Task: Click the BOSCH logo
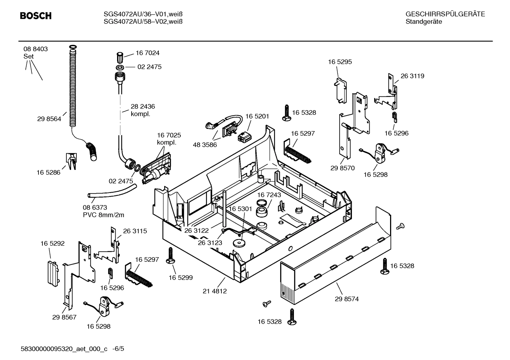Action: click(x=36, y=16)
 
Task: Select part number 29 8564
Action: click(x=49, y=119)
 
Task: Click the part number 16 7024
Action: click(x=147, y=53)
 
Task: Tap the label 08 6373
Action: click(x=95, y=208)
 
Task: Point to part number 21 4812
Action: click(x=215, y=291)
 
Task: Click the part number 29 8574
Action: click(x=347, y=299)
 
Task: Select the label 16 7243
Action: click(x=269, y=195)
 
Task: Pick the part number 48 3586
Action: click(x=205, y=144)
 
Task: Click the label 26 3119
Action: click(x=412, y=76)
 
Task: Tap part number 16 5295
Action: click(x=340, y=62)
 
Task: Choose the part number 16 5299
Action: click(x=180, y=278)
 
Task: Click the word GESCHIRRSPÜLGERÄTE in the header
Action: click(x=445, y=14)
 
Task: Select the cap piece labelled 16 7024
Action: click(x=120, y=57)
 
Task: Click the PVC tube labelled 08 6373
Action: click(x=111, y=193)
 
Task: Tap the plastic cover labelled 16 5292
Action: click(x=52, y=272)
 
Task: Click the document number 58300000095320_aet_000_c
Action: click(x=64, y=349)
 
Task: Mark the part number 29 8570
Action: click(x=342, y=168)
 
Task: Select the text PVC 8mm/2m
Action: click(x=103, y=215)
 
